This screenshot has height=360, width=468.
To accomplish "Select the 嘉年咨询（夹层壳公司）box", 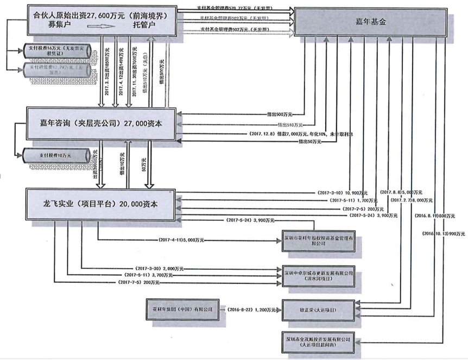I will [x=103, y=124].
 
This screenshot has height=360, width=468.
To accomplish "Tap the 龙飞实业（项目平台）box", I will [x=103, y=201].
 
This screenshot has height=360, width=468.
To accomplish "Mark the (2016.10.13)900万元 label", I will [x=444, y=233].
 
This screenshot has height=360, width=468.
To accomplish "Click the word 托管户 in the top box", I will [x=144, y=25].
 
